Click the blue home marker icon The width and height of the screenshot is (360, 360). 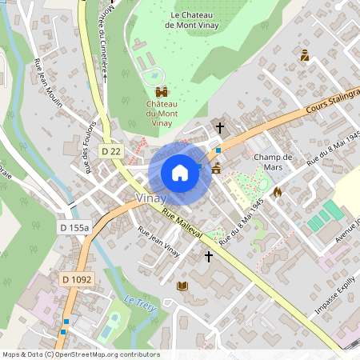point(180,173)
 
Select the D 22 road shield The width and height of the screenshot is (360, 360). point(110,150)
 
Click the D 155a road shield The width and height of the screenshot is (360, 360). point(75,228)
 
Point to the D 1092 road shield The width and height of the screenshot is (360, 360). point(77,279)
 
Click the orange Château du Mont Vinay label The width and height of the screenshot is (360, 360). point(162,113)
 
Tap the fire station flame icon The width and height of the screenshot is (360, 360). point(278,192)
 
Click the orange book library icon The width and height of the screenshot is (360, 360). point(182,286)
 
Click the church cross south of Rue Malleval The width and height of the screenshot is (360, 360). point(209,256)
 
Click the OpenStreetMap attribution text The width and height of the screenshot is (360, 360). point(80,354)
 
